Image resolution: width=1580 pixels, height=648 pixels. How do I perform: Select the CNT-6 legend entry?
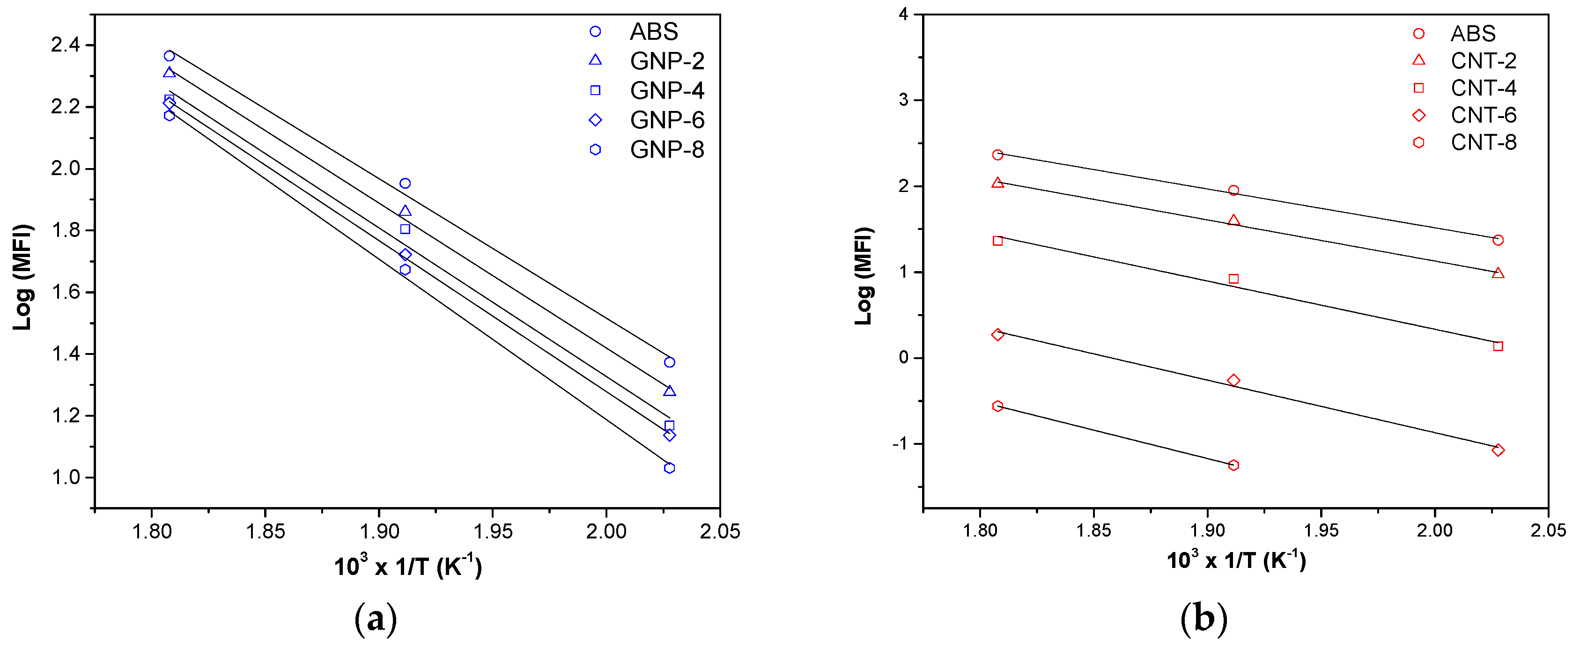coord(1483,115)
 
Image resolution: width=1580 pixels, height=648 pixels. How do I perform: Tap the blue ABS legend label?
coord(653,31)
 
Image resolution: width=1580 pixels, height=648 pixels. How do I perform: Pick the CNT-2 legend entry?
coord(1483,61)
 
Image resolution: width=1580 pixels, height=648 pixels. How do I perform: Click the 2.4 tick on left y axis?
coord(65,45)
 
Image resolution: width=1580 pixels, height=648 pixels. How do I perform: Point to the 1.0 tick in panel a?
coord(65,477)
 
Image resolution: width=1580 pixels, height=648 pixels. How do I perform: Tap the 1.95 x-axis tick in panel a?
coord(493,531)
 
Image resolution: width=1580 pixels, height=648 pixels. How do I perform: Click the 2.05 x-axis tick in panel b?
coord(1548,530)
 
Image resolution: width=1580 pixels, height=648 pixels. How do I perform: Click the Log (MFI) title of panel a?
coord(22,277)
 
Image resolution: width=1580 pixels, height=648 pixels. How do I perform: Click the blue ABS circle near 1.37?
coord(669,362)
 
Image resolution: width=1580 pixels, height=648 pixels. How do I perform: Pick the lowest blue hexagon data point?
coord(669,468)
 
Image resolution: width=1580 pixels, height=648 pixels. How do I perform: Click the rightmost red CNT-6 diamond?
coord(1498,450)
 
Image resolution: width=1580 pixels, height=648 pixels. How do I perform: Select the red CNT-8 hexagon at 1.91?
coord(1233,465)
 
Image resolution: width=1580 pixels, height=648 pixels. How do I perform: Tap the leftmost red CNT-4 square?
coord(997,241)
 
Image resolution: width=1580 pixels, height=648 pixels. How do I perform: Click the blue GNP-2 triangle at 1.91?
coord(405,211)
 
